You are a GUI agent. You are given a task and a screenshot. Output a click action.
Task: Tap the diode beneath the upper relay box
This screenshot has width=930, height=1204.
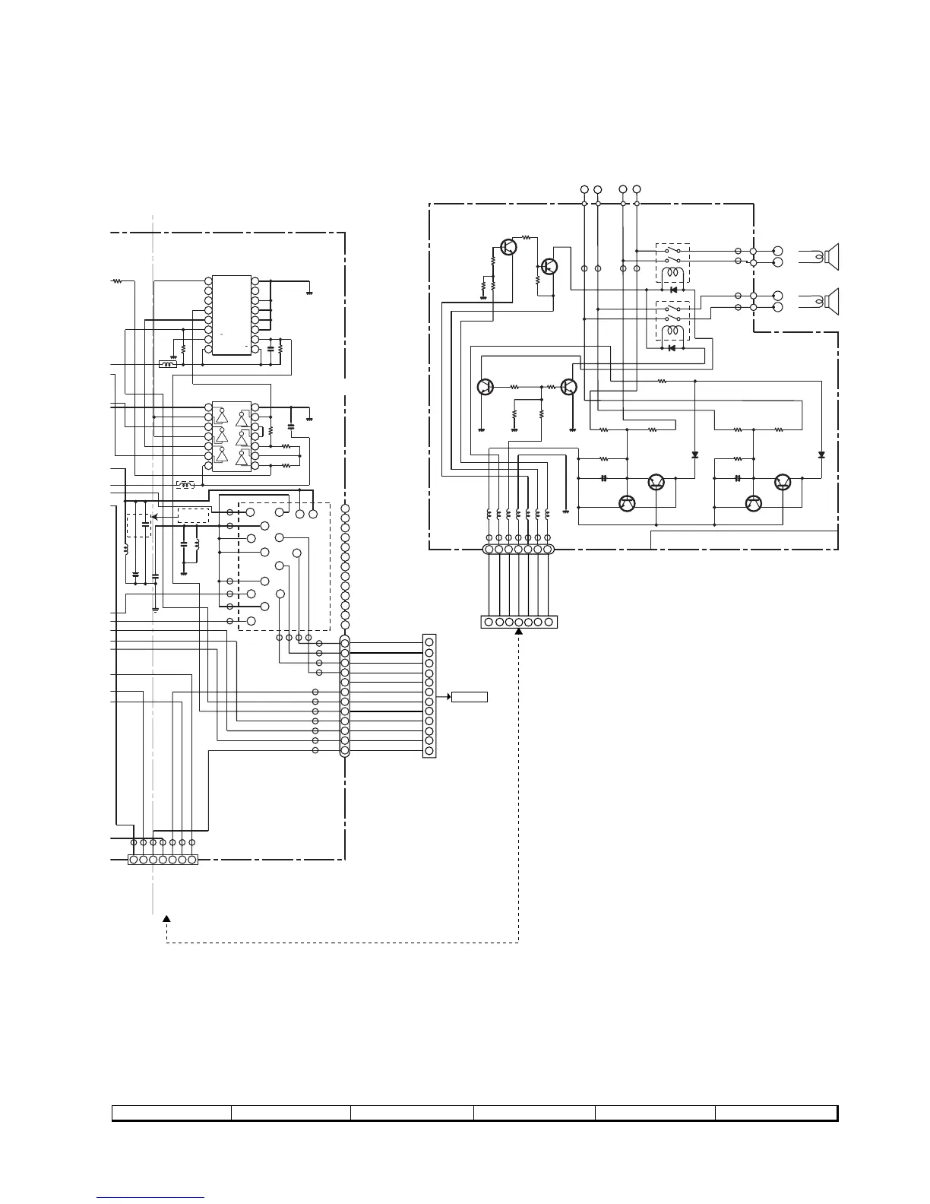pyautogui.click(x=672, y=290)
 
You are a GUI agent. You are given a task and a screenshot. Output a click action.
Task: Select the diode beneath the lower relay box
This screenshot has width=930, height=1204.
pyautogui.click(x=671, y=348)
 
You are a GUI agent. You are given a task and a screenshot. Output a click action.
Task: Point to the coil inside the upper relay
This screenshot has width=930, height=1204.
pyautogui.click(x=672, y=274)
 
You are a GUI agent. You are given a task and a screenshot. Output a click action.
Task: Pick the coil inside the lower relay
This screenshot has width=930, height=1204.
pyautogui.click(x=672, y=332)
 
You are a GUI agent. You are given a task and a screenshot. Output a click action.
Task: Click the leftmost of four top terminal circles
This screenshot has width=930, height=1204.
pyautogui.click(x=584, y=189)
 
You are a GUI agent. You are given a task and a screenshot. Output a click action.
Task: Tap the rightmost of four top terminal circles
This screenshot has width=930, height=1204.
pyautogui.click(x=637, y=189)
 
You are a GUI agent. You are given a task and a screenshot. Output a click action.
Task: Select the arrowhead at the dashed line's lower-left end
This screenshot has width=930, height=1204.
pyautogui.click(x=166, y=919)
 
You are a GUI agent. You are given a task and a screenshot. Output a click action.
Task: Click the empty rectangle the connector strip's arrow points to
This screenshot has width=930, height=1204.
pyautogui.click(x=469, y=696)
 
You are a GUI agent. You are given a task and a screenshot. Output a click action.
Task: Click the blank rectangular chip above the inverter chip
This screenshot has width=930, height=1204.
pyautogui.click(x=231, y=315)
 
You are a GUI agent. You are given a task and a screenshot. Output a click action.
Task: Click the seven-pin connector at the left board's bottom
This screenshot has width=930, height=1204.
pyautogui.click(x=163, y=860)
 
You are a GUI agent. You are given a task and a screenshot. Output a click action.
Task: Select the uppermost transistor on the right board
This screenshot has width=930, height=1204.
pyautogui.click(x=508, y=246)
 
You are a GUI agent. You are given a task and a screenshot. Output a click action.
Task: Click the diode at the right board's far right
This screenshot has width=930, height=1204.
pyautogui.click(x=821, y=455)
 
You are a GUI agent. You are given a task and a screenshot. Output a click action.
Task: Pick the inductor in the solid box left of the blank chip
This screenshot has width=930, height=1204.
pyautogui.click(x=168, y=364)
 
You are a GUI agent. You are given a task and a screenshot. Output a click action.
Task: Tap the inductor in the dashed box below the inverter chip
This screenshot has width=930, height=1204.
pyautogui.click(x=185, y=485)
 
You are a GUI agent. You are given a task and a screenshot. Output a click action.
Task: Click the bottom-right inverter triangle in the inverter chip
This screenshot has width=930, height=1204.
pyautogui.click(x=242, y=458)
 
